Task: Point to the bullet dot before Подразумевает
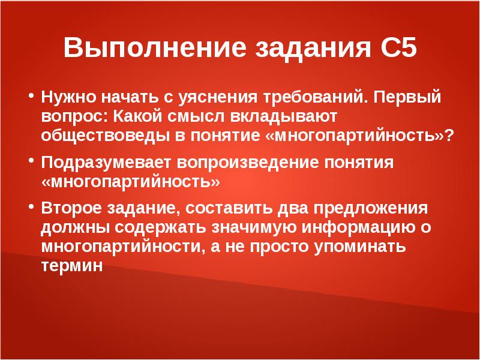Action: [x=31, y=161]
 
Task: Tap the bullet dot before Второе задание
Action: [x=31, y=206]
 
